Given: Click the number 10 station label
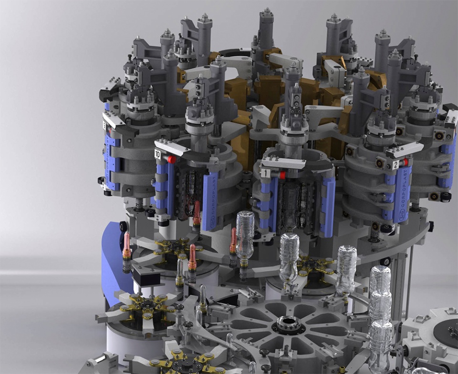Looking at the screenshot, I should click(x=158, y=153).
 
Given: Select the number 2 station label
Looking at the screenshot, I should click(x=396, y=165).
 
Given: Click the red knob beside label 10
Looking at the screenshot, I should click(x=171, y=159).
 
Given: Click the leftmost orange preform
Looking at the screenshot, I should click(x=126, y=248).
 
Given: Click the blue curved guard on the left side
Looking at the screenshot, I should click(x=112, y=267).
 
